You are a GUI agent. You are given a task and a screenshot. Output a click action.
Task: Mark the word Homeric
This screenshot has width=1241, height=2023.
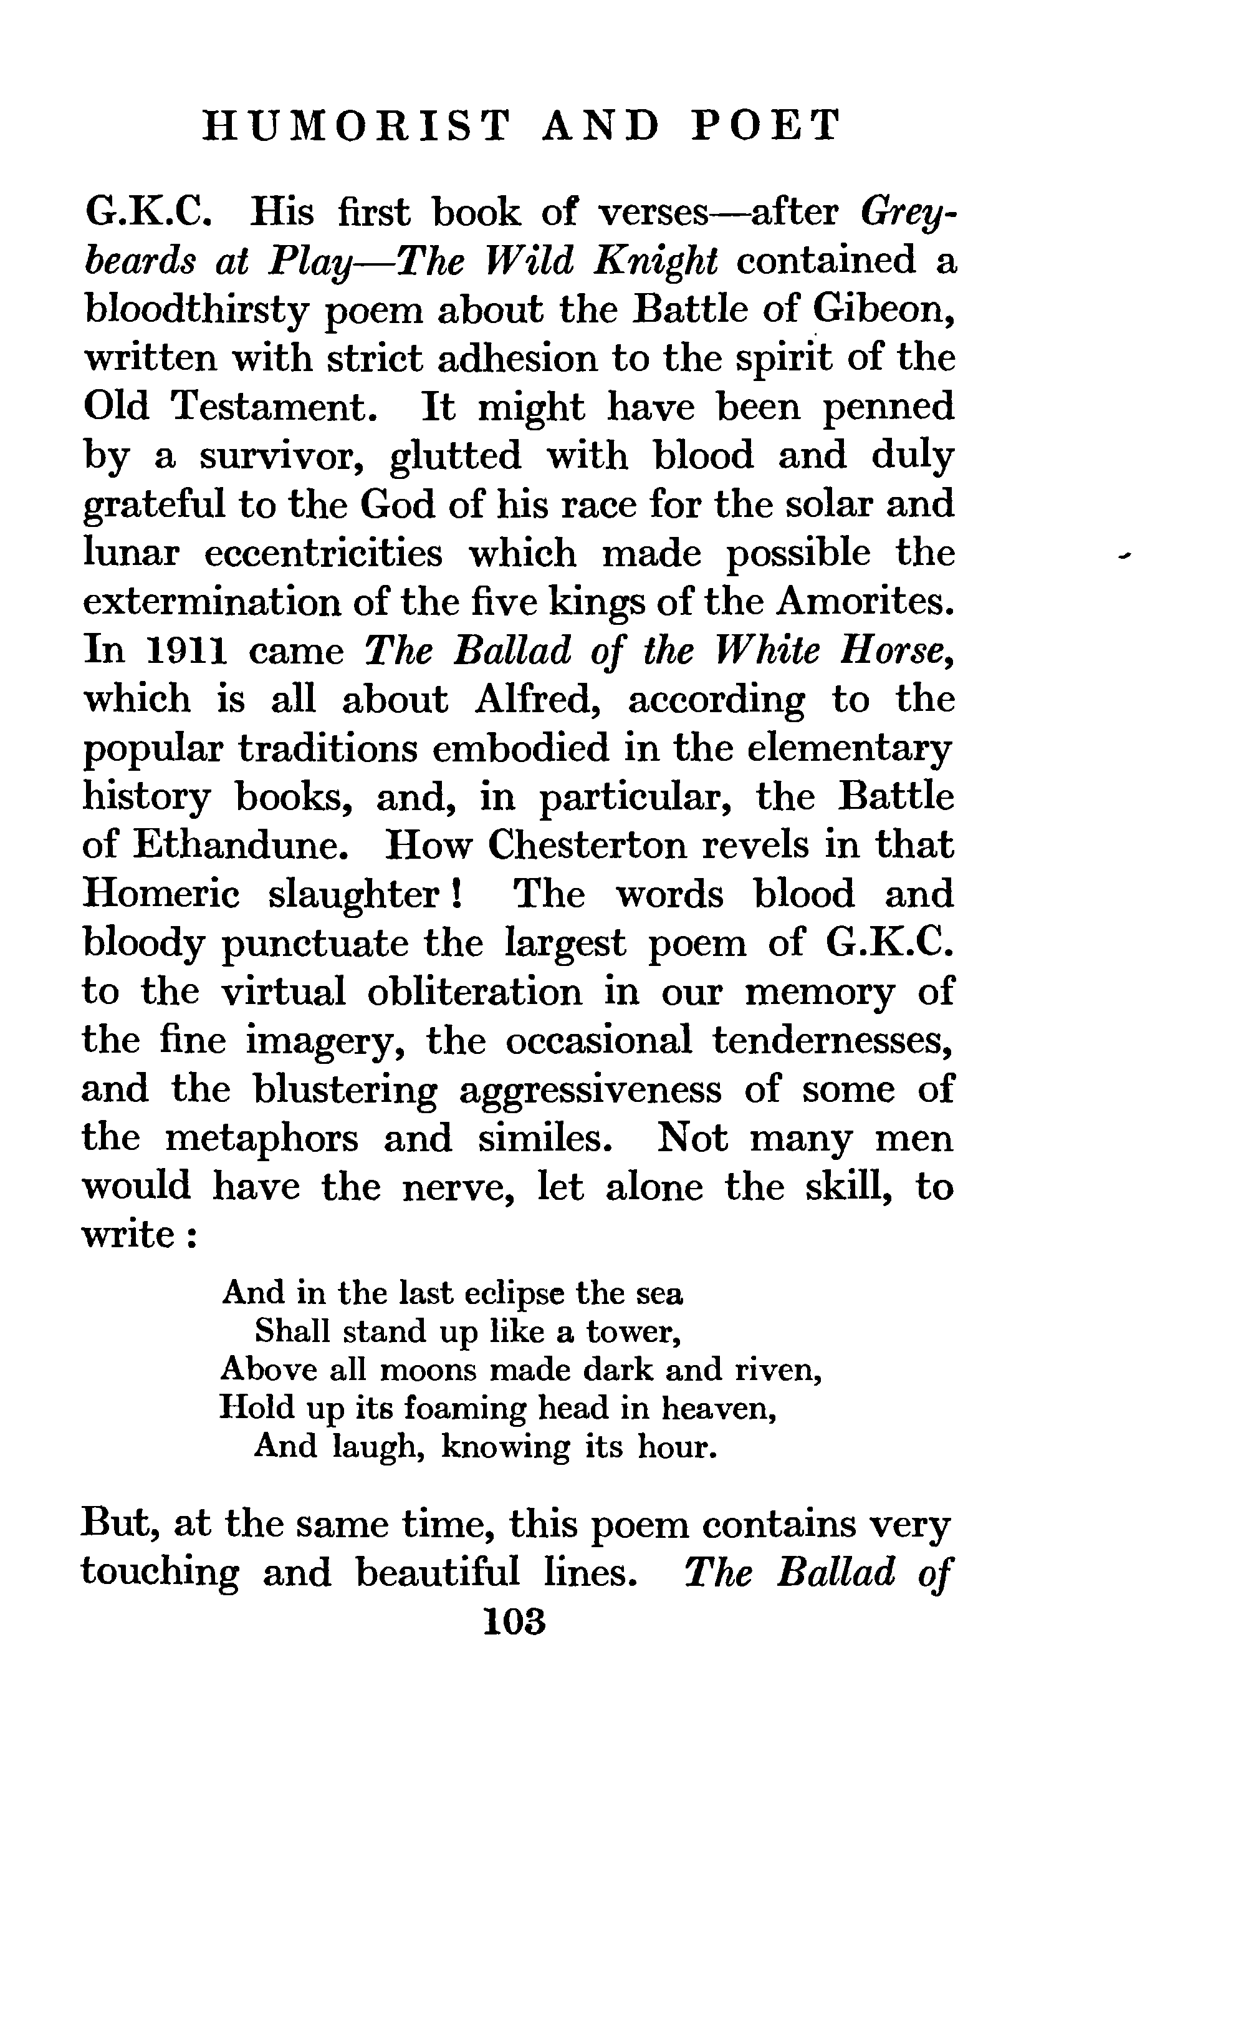(x=161, y=894)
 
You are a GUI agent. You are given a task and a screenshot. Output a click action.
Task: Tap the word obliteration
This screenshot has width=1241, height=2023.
(x=474, y=992)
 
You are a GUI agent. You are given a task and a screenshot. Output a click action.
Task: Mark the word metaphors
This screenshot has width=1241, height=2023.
(x=262, y=1139)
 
